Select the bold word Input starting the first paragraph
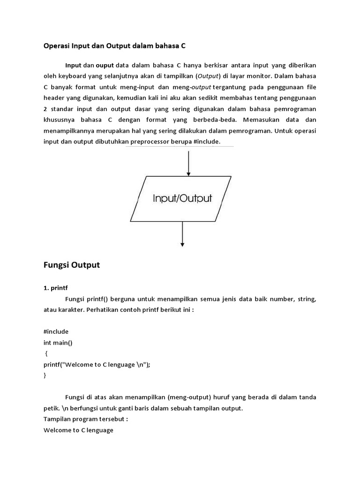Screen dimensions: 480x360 pyautogui.click(x=73, y=65)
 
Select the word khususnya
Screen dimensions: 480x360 pyautogui.click(x=59, y=120)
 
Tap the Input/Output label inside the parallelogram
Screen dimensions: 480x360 pyautogui.click(x=182, y=198)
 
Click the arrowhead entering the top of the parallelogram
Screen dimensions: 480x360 pyautogui.click(x=188, y=173)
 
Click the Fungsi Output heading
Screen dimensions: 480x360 pyautogui.click(x=72, y=265)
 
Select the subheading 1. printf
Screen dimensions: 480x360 pyautogui.click(x=56, y=288)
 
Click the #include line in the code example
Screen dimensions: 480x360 pyautogui.click(x=56, y=331)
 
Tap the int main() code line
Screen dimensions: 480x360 pyautogui.click(x=58, y=342)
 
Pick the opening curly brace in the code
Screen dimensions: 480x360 pyautogui.click(x=46, y=353)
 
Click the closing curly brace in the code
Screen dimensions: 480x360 pyautogui.click(x=45, y=375)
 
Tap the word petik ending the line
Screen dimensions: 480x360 pyautogui.click(x=51, y=408)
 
